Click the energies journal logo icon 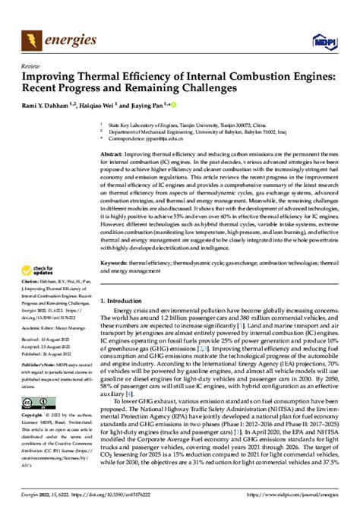tap(32, 37)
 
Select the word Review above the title tap(32, 66)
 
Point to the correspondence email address tap(163, 139)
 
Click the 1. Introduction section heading tap(125, 302)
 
